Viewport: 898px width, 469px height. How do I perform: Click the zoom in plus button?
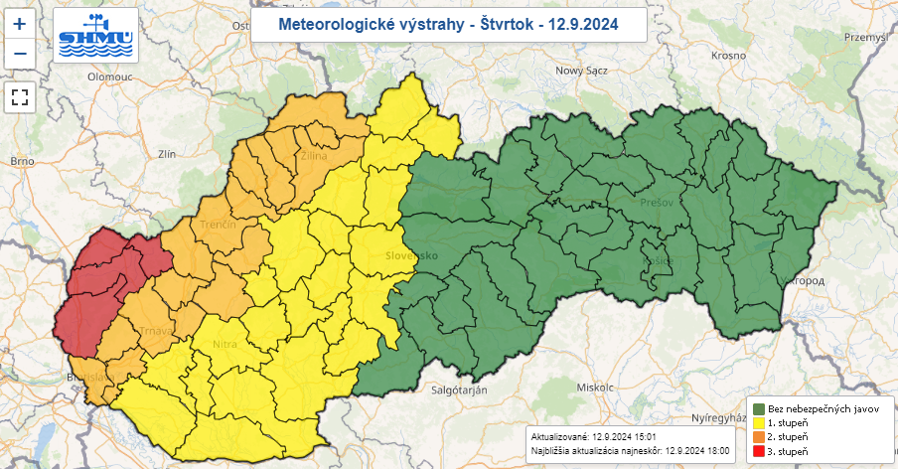click(x=20, y=22)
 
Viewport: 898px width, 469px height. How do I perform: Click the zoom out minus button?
click(x=20, y=53)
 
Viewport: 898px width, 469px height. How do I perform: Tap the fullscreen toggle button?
click(x=20, y=96)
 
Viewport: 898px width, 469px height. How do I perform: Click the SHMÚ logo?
click(x=97, y=39)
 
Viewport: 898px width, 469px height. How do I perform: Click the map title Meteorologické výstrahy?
click(x=448, y=23)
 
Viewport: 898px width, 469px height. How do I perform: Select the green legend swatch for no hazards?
click(x=758, y=408)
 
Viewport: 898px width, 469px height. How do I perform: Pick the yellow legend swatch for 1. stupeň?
click(x=758, y=423)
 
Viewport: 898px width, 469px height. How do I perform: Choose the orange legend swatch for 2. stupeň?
click(x=758, y=437)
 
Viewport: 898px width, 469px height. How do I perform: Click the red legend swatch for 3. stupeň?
click(x=758, y=452)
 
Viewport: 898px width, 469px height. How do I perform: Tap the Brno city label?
click(x=22, y=160)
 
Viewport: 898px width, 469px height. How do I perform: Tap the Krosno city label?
click(x=728, y=56)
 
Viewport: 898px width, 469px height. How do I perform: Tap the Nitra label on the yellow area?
click(x=224, y=345)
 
